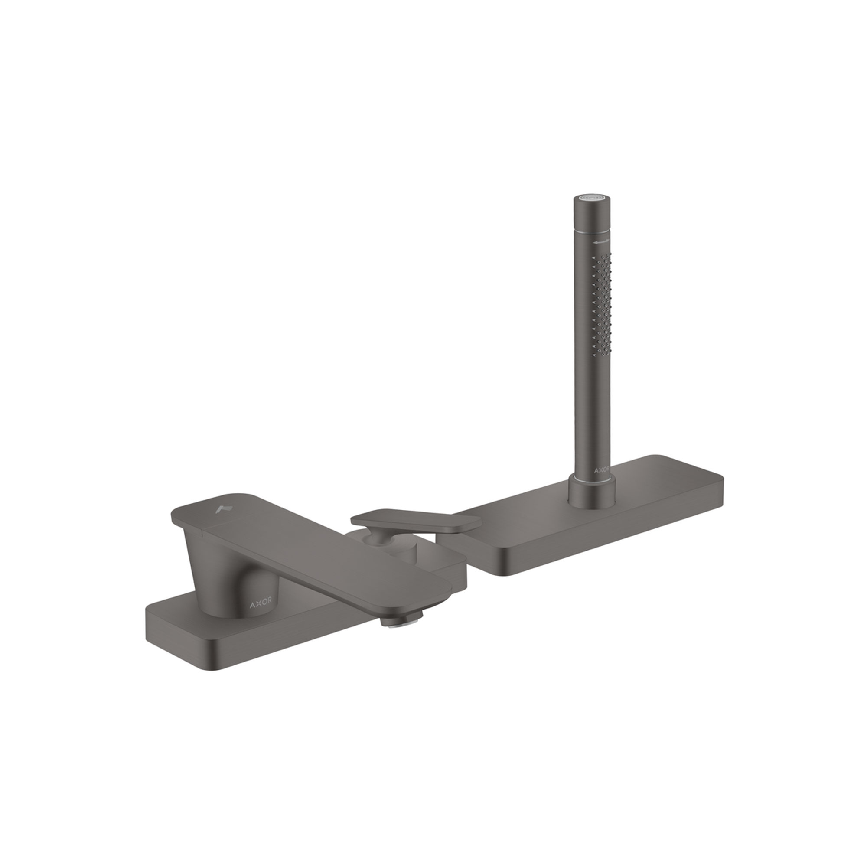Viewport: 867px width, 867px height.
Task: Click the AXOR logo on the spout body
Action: (260, 605)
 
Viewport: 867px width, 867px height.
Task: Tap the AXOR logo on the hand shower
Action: (602, 470)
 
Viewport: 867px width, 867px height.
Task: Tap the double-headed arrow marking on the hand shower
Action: (601, 242)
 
